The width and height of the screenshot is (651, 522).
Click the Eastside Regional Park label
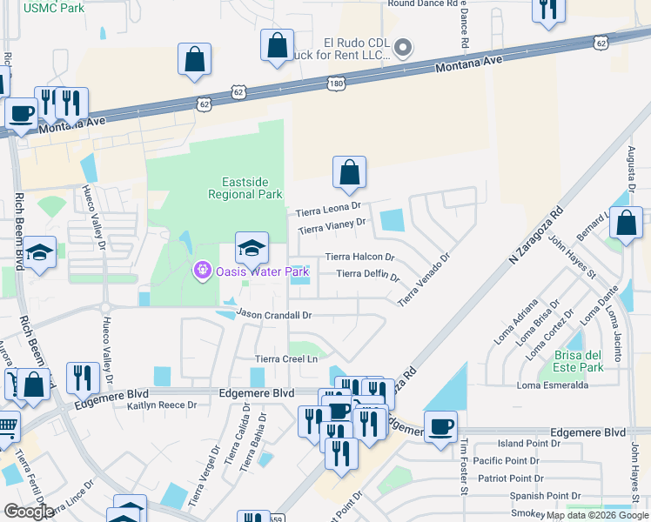point(245,188)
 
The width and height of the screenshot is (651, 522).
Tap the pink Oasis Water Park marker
point(202,271)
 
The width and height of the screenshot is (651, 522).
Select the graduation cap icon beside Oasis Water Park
point(252,249)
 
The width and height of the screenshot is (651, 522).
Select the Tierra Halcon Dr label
point(359,258)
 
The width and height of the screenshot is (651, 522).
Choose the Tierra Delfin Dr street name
point(366,275)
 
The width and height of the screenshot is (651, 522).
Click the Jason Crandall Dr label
point(273,314)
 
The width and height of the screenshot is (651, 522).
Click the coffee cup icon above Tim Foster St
point(441,425)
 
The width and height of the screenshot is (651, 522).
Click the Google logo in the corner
point(29,512)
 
